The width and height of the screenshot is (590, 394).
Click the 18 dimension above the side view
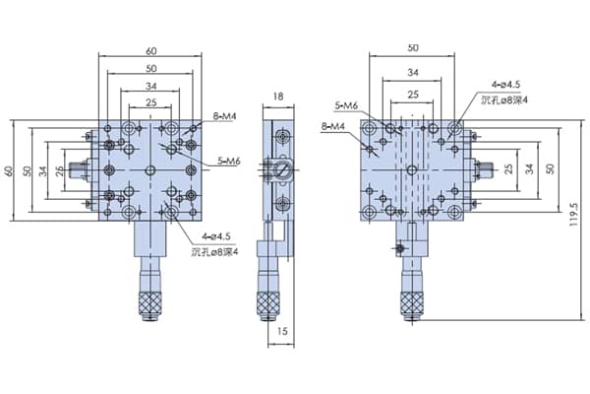tap(278, 97)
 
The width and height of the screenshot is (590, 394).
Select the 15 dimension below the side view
tap(282, 331)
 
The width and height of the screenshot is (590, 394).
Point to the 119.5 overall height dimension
tap(573, 215)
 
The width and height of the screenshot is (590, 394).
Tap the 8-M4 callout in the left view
tap(224, 116)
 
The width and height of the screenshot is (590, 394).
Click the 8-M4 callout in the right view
tap(333, 126)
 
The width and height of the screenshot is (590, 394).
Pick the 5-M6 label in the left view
tap(229, 162)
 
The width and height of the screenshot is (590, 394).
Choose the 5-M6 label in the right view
tap(346, 106)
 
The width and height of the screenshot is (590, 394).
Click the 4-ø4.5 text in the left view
tap(216, 236)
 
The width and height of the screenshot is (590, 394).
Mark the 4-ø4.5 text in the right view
tap(505, 85)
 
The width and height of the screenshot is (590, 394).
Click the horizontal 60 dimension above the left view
tap(150, 51)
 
